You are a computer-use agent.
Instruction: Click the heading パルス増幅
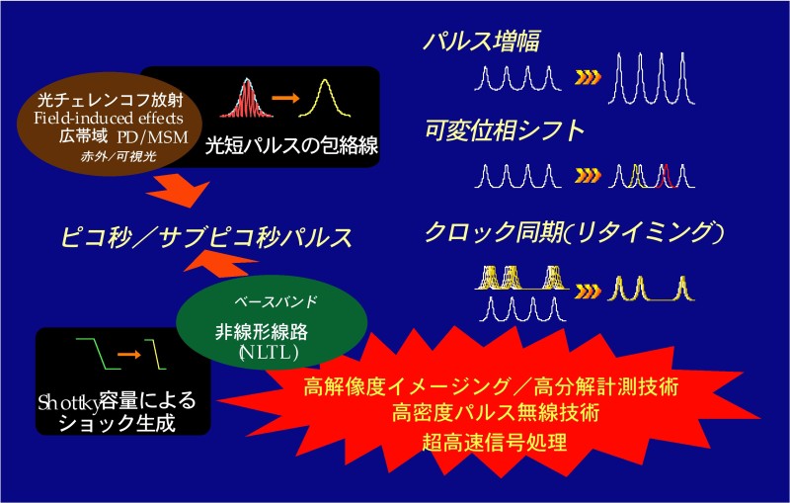(481, 41)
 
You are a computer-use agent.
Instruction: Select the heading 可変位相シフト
(505, 130)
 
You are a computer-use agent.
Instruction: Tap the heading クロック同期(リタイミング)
(575, 233)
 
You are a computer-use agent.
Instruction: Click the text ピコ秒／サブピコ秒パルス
(206, 237)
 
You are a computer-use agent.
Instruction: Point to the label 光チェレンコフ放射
(110, 101)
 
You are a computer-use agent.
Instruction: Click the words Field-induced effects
(109, 119)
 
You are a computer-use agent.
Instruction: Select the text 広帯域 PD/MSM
(123, 136)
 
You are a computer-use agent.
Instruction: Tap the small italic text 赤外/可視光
(118, 156)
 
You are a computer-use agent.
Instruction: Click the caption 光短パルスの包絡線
(291, 146)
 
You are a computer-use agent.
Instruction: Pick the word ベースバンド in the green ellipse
(276, 301)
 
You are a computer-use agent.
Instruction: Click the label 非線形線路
(262, 332)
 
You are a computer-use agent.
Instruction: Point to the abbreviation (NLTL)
(269, 353)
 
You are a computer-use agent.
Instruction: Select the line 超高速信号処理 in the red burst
(495, 443)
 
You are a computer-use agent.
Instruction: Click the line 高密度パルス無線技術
(496, 412)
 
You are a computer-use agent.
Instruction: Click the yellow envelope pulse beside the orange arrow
(325, 98)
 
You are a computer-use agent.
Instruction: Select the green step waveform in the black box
(99, 354)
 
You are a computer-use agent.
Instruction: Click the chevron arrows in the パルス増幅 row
(588, 78)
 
